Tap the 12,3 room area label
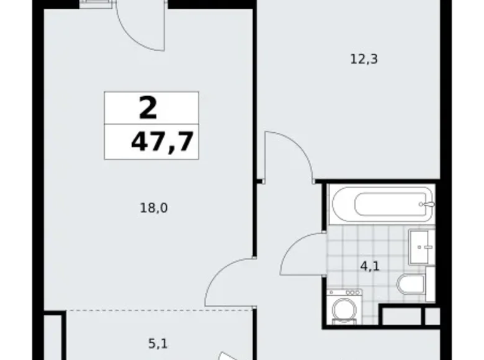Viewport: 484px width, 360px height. click(364, 60)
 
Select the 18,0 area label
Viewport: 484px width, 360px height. click(154, 208)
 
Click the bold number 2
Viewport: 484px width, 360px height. click(148, 109)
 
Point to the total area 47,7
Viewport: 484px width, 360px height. click(161, 142)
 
